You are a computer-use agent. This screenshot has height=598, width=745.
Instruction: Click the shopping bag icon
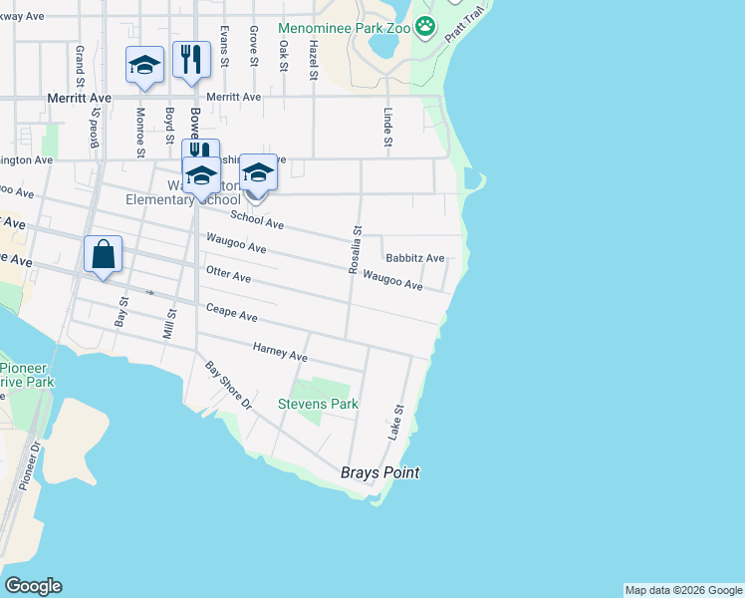104,255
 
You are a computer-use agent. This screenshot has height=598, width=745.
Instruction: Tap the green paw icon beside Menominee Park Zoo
426,26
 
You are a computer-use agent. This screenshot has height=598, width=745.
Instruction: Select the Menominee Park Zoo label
345,27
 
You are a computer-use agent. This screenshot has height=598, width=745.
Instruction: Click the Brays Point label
379,472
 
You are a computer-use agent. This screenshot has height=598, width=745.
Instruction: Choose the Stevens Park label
318,404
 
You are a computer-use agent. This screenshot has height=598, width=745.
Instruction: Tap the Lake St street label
396,423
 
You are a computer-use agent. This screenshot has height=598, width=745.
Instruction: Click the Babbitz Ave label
414,257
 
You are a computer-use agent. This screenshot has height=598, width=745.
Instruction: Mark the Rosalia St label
355,249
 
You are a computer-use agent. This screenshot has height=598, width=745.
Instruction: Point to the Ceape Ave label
232,313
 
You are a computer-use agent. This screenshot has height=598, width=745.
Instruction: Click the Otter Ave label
228,276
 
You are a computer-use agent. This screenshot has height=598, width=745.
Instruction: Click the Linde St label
388,126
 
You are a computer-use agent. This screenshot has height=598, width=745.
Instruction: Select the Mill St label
170,324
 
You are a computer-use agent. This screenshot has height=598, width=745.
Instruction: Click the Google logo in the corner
33,586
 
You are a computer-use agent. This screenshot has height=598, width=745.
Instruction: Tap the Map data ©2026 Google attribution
683,590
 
